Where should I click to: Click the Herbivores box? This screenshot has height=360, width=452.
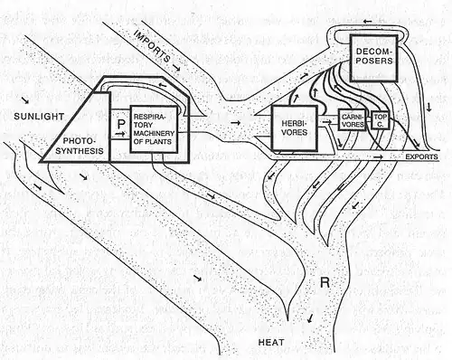coord(295,128)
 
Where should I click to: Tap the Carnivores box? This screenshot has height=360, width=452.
coord(353,119)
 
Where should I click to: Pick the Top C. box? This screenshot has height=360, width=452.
coord(381,120)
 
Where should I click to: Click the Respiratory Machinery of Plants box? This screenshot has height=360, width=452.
coord(154,129)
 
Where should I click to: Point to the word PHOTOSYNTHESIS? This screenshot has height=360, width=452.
coord(80,146)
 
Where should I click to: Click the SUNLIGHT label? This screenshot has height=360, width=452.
coord(39,117)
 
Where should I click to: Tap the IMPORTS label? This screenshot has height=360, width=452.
coord(151,46)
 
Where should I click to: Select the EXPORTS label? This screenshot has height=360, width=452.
coord(421,156)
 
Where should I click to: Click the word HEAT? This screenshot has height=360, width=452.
coord(271,342)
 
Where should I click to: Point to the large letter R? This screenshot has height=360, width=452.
coord(325,282)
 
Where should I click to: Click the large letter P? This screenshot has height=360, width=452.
coord(121,123)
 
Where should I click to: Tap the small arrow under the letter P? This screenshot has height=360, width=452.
coord(120,134)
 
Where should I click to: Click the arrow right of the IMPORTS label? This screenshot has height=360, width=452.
coord(176,68)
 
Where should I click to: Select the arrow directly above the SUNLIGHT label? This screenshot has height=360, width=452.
coord(25,100)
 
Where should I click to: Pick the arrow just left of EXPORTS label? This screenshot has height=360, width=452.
coord(379,156)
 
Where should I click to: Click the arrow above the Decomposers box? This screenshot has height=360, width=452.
coord(367,22)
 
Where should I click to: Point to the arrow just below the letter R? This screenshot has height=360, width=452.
coord(310,317)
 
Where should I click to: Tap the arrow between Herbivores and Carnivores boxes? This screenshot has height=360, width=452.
coord(326,122)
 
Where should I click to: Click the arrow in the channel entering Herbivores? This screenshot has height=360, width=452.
coord(236,122)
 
